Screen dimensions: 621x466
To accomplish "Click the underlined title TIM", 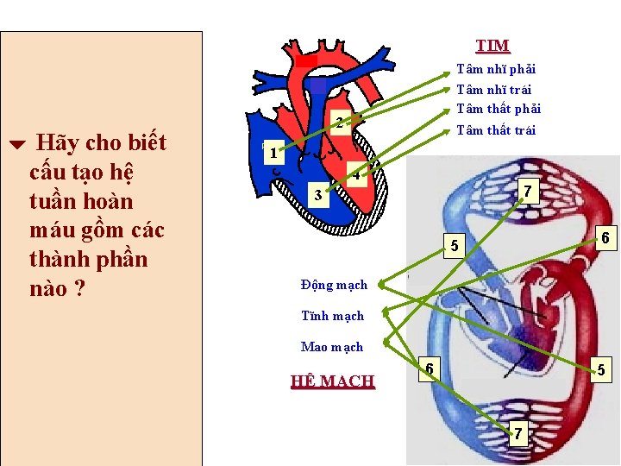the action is click(492, 46).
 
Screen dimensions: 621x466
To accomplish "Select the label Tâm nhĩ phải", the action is click(496, 69).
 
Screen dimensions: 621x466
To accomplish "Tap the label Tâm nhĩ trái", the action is click(493, 90).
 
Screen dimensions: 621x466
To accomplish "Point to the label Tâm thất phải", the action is click(498, 109).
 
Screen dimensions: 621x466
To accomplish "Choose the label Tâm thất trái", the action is click(496, 130).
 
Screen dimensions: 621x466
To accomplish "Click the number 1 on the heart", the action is click(273, 154).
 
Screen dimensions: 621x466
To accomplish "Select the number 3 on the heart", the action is click(318, 195).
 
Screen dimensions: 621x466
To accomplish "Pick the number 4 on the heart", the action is click(356, 176).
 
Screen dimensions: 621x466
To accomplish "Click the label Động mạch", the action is click(334, 285).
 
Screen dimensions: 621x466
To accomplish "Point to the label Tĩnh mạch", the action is click(332, 316).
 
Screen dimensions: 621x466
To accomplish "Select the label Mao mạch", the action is click(332, 347).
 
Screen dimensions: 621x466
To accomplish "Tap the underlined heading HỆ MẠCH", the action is click(333, 381).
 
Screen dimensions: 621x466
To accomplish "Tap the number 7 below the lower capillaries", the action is click(517, 433).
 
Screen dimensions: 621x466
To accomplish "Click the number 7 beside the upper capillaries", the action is click(527, 190).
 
